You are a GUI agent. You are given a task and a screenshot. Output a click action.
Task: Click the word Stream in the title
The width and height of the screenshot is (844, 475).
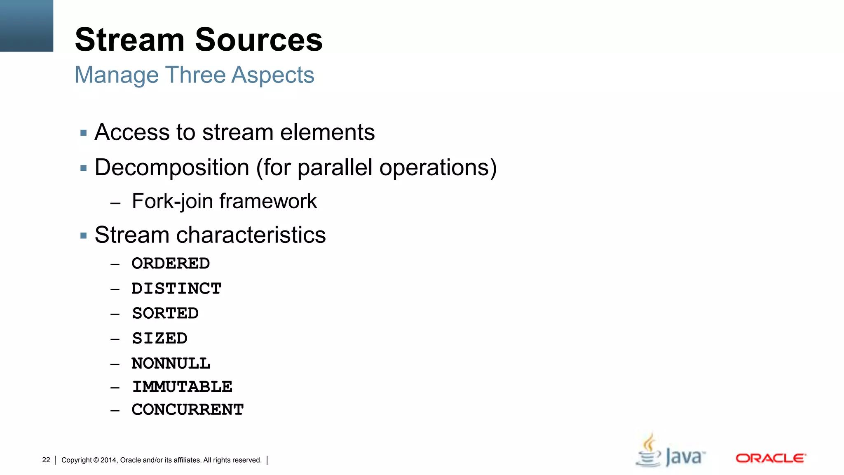[129, 40]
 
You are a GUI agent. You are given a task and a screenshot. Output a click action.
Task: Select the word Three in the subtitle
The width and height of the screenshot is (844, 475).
[195, 75]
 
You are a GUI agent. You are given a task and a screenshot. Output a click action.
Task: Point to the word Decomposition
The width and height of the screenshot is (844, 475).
[172, 167]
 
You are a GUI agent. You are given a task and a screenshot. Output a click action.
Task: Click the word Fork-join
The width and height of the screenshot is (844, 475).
[172, 202]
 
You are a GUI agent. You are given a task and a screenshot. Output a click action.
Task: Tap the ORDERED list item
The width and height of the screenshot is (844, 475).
[171, 263]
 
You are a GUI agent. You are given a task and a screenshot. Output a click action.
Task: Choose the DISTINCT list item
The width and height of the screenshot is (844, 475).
[176, 289]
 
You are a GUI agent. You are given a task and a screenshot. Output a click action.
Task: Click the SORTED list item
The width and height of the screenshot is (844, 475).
[165, 313]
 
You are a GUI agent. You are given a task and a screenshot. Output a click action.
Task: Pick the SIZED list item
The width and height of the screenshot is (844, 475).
[159, 339]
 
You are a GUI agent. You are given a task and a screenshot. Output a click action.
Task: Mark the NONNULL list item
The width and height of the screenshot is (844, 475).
[171, 364]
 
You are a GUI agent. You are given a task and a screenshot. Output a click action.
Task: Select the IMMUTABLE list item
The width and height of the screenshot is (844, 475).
[182, 387]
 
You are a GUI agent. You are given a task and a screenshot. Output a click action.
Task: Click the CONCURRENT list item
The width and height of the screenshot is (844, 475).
[188, 410]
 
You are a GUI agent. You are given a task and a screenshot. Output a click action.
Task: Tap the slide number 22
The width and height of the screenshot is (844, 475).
[46, 460]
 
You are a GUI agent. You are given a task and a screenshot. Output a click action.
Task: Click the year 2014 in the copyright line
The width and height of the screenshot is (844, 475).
[109, 460]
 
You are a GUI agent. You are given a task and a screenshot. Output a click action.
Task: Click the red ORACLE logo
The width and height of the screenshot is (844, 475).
[771, 458]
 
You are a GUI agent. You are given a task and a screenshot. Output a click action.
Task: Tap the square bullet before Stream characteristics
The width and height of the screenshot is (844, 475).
[84, 236]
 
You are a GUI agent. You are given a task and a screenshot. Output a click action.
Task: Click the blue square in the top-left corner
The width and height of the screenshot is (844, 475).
[26, 26]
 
